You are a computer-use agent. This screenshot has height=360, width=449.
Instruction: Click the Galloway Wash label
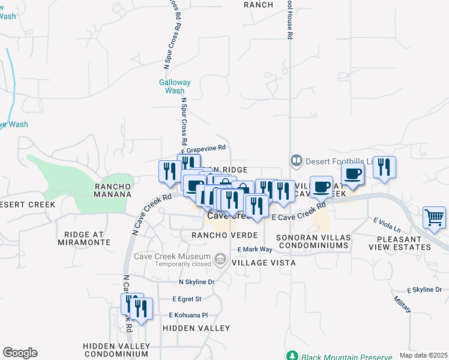point(175,86)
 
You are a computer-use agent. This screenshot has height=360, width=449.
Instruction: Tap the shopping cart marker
point(434,218)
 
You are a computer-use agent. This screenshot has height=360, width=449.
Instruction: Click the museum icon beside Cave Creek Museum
point(220,259)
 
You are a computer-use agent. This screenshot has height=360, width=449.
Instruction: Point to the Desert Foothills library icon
point(296,160)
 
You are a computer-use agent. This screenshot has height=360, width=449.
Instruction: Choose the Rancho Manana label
point(113,190)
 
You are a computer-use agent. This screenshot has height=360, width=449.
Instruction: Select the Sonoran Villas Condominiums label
point(312,241)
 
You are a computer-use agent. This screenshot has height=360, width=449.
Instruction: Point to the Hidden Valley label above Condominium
point(196,328)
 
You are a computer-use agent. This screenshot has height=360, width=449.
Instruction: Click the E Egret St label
point(186,298)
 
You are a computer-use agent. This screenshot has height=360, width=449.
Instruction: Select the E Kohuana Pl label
point(188,314)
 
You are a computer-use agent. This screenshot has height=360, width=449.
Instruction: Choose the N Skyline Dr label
point(196,281)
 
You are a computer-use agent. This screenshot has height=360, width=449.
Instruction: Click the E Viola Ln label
point(386,225)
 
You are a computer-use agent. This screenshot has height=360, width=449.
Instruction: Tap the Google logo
point(20,353)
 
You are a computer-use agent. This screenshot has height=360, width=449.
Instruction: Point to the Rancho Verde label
point(224,235)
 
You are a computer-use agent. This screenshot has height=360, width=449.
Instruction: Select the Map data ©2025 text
point(423,355)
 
